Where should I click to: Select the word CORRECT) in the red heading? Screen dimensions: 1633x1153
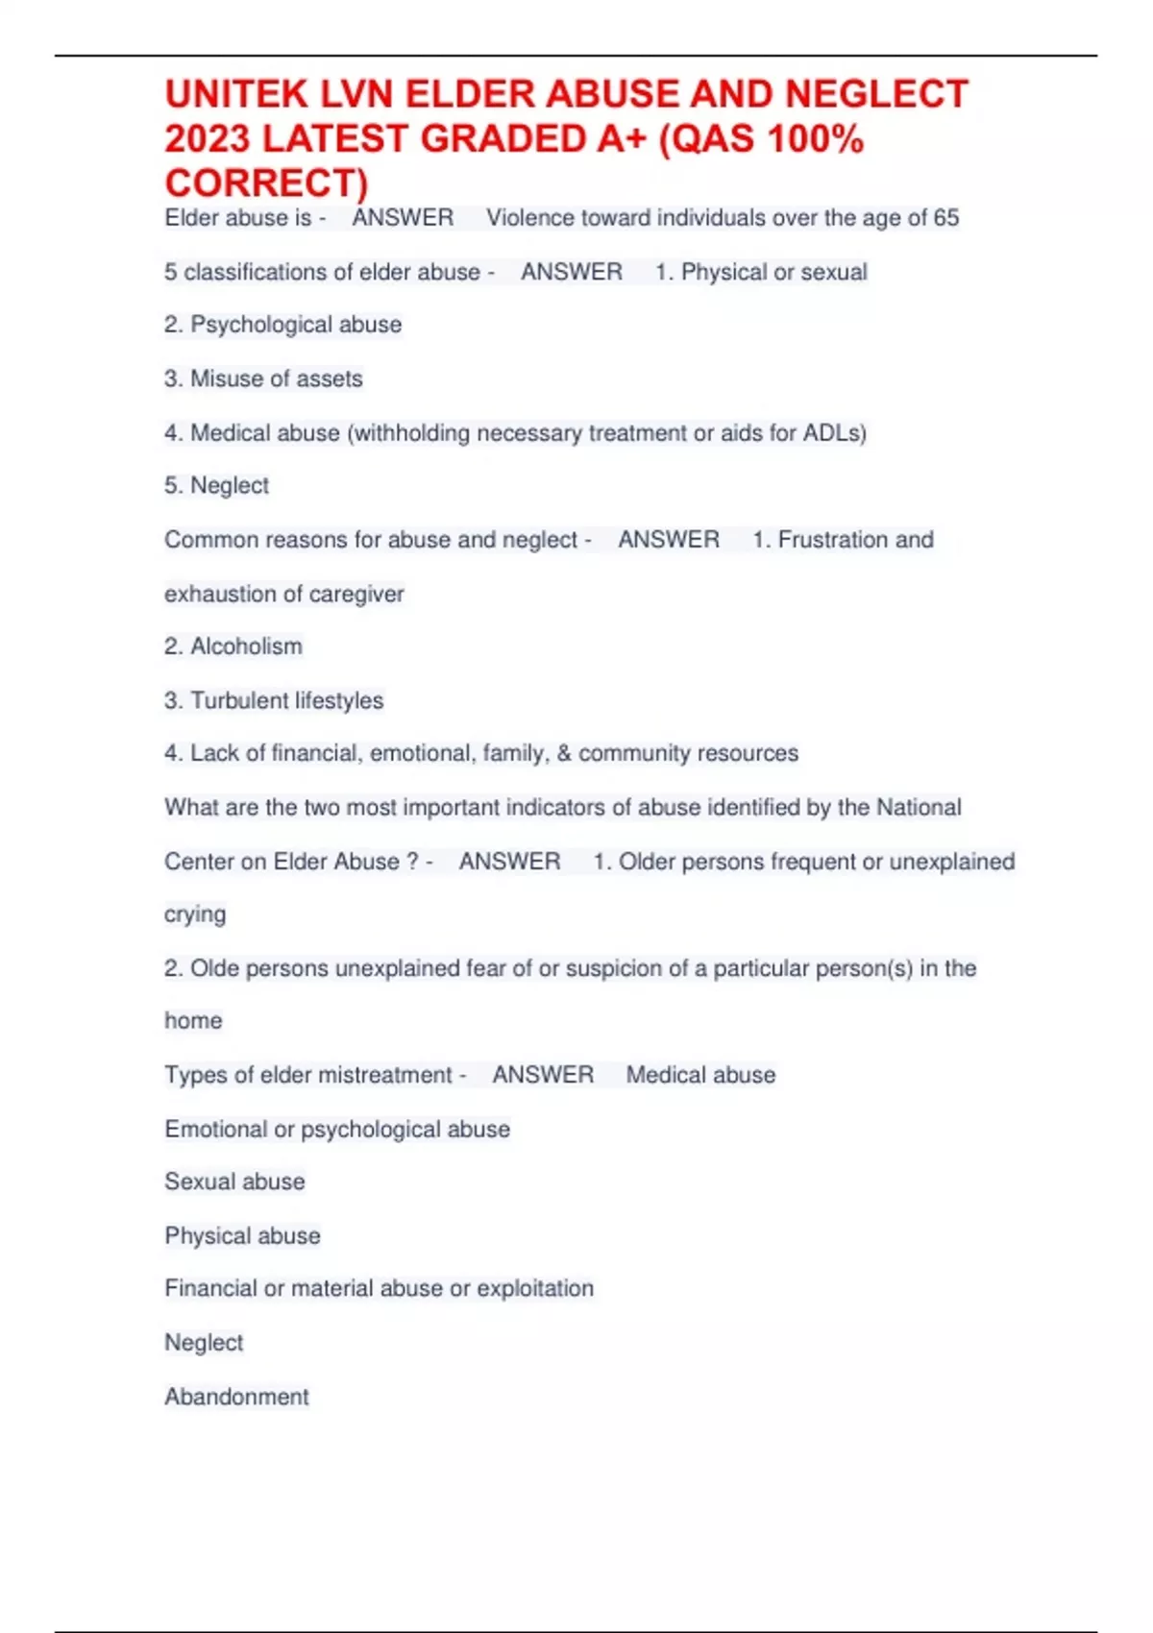(x=266, y=183)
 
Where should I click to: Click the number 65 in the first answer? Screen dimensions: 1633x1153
(x=945, y=218)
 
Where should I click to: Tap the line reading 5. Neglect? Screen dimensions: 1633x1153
(x=216, y=486)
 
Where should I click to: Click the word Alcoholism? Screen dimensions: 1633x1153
(x=246, y=646)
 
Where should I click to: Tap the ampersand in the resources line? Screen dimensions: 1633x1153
(x=564, y=753)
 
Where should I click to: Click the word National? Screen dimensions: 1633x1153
(x=917, y=807)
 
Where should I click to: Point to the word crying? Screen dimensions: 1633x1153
(x=195, y=914)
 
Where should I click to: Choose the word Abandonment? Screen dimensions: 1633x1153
(x=236, y=1397)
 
